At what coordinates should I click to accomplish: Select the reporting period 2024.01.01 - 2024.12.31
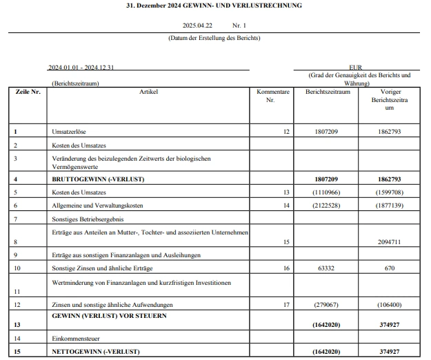pyautogui.click(x=81, y=68)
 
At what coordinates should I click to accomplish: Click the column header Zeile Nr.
pyautogui.click(x=28, y=92)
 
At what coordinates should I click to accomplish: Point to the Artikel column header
pyautogui.click(x=148, y=92)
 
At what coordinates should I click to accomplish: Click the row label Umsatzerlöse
pyautogui.click(x=70, y=131)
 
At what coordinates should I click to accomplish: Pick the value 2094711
pyautogui.click(x=390, y=242)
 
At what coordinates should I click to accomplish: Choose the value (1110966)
pyautogui.click(x=325, y=192)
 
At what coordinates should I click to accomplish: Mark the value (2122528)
pyautogui.click(x=325, y=206)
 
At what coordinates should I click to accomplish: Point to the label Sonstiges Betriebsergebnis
pyautogui.click(x=88, y=219)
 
